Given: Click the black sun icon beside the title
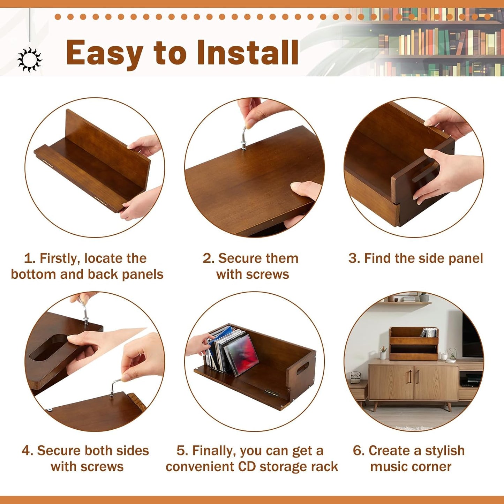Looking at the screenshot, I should click(30, 60).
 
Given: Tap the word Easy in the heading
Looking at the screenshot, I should click(105, 53).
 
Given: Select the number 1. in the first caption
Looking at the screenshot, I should click(30, 258).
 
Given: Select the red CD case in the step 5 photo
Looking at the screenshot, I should click(241, 354).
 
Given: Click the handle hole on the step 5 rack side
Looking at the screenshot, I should click(302, 368).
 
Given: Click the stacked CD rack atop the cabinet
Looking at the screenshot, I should click(414, 344).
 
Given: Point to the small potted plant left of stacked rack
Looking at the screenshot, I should click(383, 353).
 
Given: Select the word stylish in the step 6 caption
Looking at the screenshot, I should click(445, 451).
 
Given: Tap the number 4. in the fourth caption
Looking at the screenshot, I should click(28, 451).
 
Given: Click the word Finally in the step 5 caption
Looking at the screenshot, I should click(213, 451).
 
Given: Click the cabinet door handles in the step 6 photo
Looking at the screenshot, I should click(414, 377).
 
